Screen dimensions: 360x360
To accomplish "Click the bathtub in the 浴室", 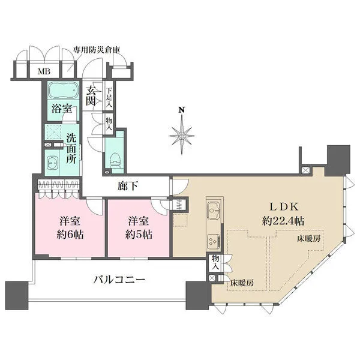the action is pos(63,90).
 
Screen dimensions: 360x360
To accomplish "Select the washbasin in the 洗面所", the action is pos(53,163).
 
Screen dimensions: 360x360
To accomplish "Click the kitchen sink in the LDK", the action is pos(214,211).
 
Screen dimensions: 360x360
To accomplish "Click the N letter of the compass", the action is pos(182,110).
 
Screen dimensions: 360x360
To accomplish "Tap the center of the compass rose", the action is pos(182,136).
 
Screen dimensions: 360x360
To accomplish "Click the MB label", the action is pos(44,71).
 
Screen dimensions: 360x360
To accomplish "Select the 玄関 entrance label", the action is pos(91,97).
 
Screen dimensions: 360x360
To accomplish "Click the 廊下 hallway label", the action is pos(128,186).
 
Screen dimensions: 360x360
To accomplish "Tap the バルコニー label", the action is pos(119,280).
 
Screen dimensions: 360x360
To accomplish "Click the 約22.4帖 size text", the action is pos(283,221).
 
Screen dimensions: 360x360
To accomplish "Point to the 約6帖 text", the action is pos(70,235).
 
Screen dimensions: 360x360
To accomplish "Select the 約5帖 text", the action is pos(139,235).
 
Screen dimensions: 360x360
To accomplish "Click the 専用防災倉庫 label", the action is pos(97,50).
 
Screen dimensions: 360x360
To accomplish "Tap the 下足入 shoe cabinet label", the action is pos(109,98).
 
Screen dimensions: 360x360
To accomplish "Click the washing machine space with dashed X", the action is pos(53,132).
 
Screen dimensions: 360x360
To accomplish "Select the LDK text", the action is pos(284,207).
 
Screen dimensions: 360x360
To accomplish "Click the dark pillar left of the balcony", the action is pos(17,295).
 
